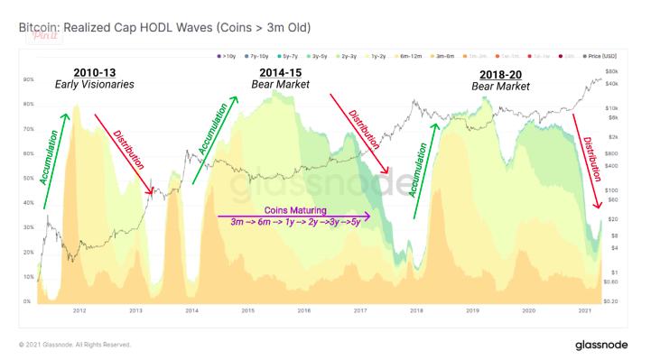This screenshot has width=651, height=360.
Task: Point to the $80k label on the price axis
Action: (611, 70)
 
